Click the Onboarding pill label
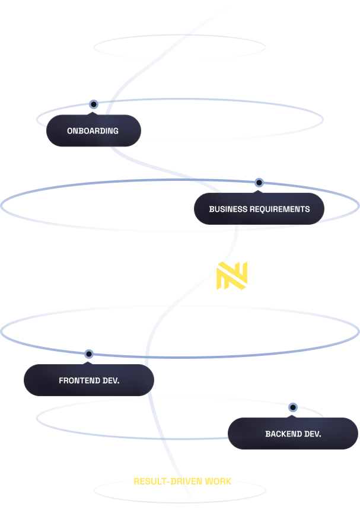(x=93, y=130)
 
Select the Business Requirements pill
(x=259, y=209)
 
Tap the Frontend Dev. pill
(x=89, y=380)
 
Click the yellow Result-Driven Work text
(x=183, y=481)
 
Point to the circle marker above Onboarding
(x=93, y=104)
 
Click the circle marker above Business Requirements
(x=259, y=183)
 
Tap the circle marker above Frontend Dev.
(x=89, y=355)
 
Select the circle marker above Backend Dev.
(x=292, y=407)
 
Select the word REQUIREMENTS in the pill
(x=279, y=209)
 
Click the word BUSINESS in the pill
(x=228, y=209)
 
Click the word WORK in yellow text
(x=218, y=481)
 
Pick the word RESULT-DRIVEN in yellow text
(x=168, y=481)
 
